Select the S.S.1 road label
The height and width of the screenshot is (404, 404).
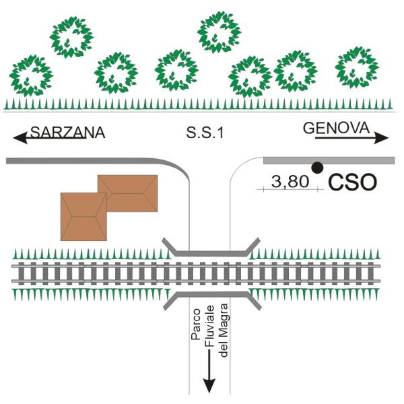[x=204, y=133]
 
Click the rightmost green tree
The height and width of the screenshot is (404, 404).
[x=356, y=67]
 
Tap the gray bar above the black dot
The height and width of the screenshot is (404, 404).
[x=328, y=160]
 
